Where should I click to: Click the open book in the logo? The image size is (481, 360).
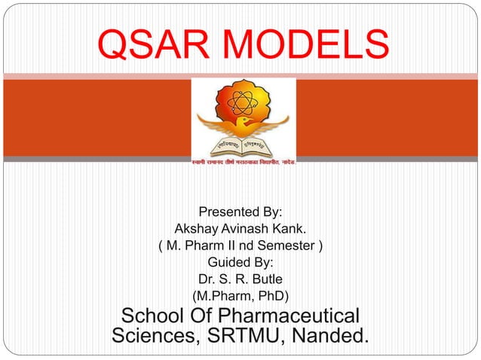pos(242,146)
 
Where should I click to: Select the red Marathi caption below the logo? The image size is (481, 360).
pos(242,163)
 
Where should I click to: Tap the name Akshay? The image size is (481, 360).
pos(197,228)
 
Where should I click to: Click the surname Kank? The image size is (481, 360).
pos(290,228)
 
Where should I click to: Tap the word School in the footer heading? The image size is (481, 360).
pos(157,315)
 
